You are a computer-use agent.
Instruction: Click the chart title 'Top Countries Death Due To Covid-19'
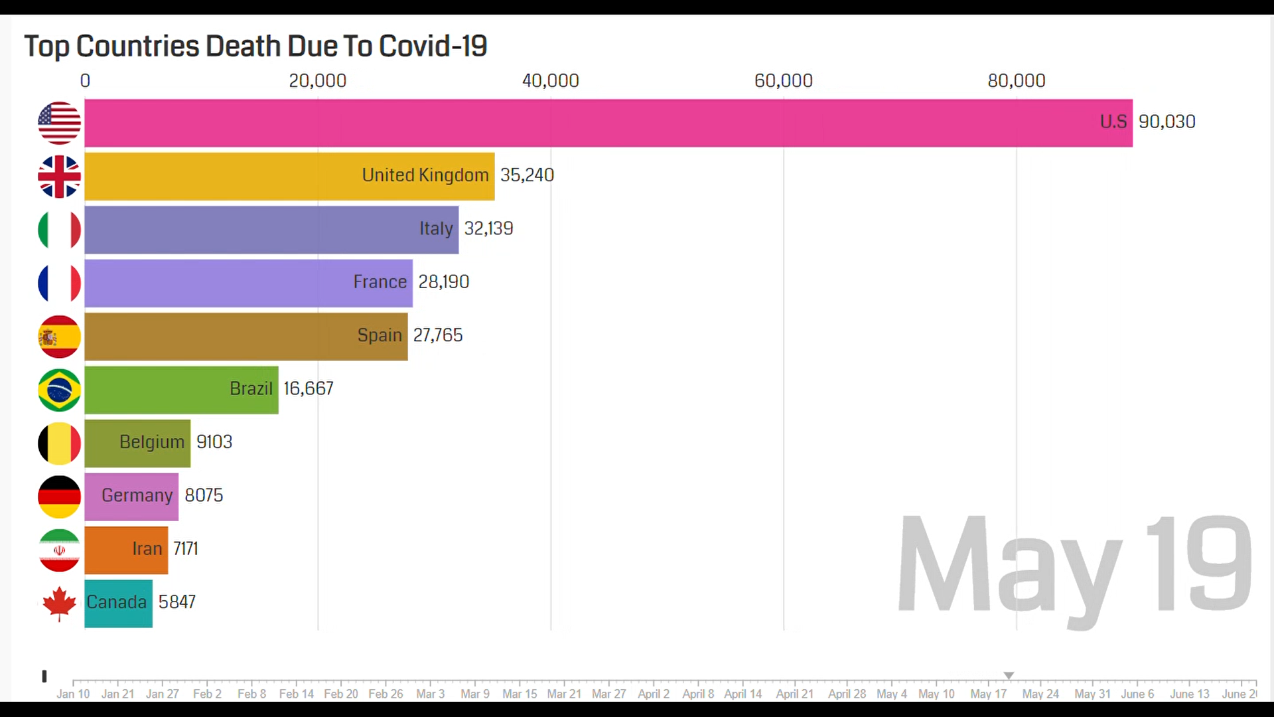pos(255,46)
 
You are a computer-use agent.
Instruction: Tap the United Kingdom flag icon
pos(59,177)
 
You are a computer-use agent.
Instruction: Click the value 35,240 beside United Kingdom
pos(527,175)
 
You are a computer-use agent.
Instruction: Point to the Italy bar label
pos(436,228)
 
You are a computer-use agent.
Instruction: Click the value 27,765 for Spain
pos(438,335)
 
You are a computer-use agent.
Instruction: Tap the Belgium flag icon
pos(59,443)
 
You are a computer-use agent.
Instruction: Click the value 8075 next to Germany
pos(204,495)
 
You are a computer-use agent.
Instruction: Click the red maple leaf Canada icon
pos(59,603)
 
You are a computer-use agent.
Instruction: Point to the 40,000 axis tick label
pos(550,81)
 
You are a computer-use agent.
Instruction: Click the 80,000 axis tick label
pos(1016,81)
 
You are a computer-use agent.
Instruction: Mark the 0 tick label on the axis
pos(85,81)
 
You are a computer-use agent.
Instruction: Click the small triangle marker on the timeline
pos(1009,675)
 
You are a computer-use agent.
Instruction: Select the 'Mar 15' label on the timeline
pos(520,694)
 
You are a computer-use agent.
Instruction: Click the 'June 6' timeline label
pos(1137,694)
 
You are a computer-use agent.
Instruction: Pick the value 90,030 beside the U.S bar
pos(1167,122)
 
